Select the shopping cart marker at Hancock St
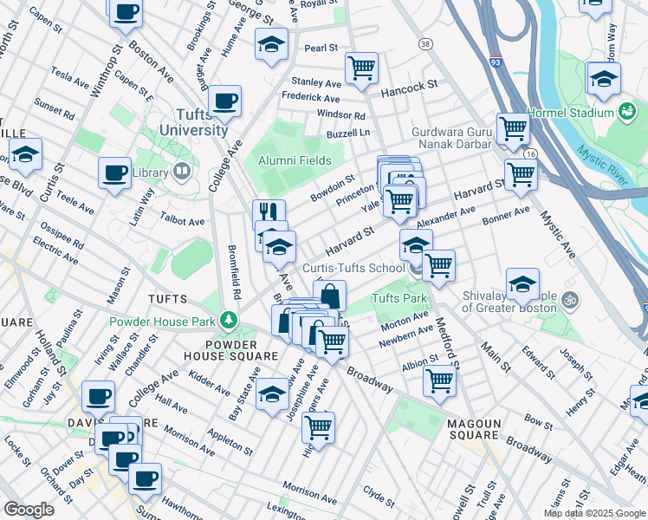(360, 68)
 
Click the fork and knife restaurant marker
(269, 212)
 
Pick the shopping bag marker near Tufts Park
(330, 296)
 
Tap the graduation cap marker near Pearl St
(271, 43)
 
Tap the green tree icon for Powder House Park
(229, 321)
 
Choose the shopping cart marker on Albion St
(440, 380)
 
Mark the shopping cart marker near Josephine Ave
(319, 426)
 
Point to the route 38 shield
(424, 43)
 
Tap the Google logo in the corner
(29, 509)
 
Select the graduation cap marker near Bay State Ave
(272, 394)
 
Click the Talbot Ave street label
(183, 222)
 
